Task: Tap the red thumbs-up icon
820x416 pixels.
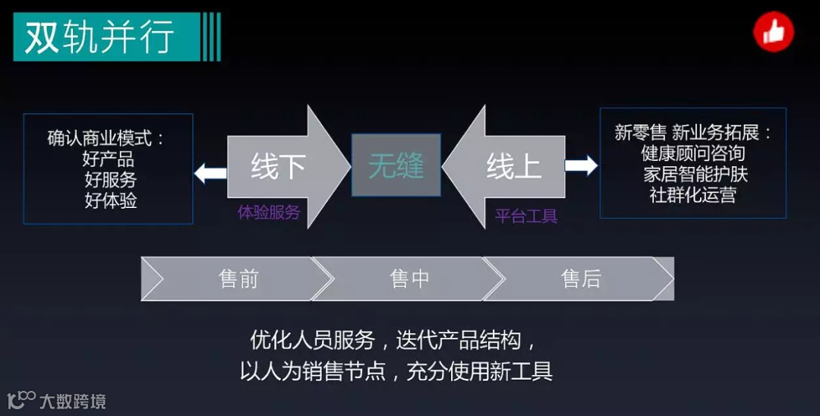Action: coord(773,33)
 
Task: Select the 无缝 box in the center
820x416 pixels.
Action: coord(396,165)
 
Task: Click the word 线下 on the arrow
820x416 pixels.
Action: coord(277,167)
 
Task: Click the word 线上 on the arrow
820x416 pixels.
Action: coord(513,167)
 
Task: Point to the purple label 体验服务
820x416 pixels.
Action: coord(269,213)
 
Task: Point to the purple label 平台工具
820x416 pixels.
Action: coord(526,216)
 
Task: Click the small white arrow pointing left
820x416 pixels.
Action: coord(210,172)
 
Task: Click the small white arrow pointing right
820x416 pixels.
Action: coord(582,165)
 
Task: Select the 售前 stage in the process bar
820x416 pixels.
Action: coord(238,279)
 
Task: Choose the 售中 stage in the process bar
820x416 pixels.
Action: coord(409,279)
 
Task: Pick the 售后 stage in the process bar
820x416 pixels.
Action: coord(581,279)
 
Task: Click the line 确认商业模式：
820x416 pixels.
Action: coord(106,139)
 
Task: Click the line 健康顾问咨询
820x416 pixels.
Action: coord(692,153)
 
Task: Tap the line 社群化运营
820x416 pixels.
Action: coord(692,194)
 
